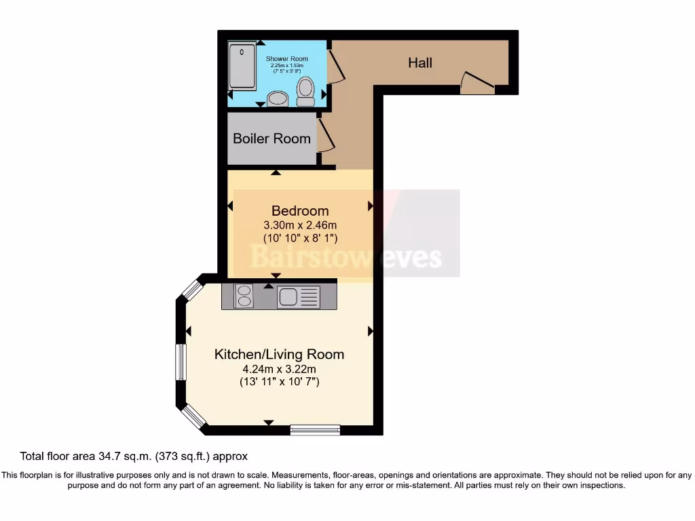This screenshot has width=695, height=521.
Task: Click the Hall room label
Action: (420, 63)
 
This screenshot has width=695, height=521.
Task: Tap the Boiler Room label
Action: (271, 138)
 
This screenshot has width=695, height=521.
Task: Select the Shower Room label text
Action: (286, 59)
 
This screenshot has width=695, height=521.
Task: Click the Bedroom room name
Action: (300, 210)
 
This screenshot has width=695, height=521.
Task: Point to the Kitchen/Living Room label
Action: (279, 354)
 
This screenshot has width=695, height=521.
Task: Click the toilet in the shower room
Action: (305, 91)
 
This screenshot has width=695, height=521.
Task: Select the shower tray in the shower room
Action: (242, 66)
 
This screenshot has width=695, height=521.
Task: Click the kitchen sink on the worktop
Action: (298, 296)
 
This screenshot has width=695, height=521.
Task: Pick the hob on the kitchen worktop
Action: (243, 296)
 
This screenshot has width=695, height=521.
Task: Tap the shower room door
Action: (336, 65)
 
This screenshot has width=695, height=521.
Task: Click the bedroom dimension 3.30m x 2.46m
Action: (300, 225)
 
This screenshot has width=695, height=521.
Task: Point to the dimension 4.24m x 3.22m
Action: (279, 369)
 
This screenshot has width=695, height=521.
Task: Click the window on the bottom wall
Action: (315, 429)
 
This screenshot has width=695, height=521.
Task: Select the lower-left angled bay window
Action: (193, 416)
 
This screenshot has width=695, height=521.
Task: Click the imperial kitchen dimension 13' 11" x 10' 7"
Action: (279, 382)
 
